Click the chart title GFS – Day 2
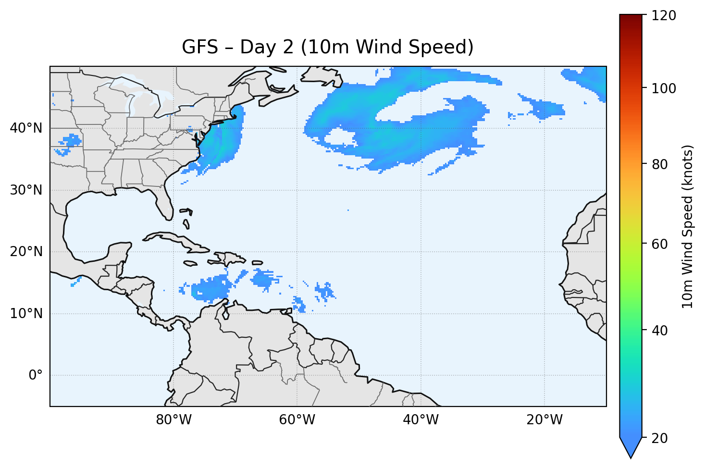328,47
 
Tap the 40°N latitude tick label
26,128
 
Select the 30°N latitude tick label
26,190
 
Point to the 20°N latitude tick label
26,252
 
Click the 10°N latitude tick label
26,314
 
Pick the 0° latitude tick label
36,375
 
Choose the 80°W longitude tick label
173,420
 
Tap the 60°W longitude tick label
297,420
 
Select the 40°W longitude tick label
421,420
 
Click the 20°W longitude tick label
544,420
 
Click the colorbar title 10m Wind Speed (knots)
688,226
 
